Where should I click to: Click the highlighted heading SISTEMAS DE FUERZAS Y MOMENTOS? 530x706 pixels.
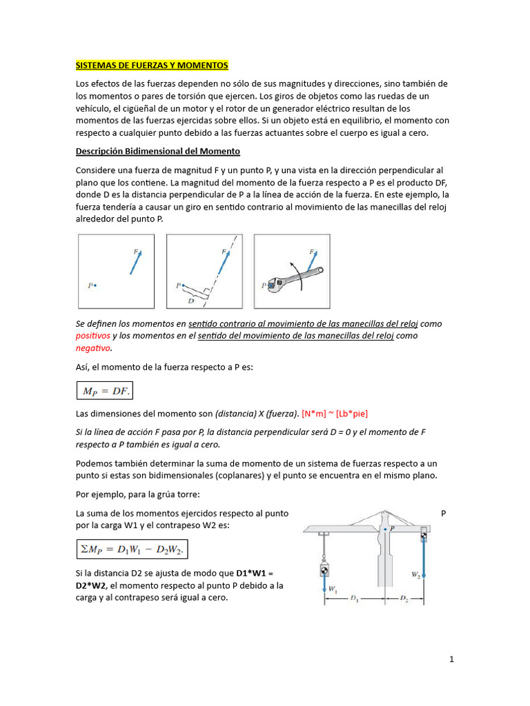(x=151, y=65)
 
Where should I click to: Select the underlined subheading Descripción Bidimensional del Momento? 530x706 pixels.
(x=157, y=151)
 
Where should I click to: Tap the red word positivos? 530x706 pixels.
(x=92, y=336)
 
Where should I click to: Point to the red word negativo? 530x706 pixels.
(x=92, y=348)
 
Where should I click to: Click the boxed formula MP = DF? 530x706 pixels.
(x=105, y=392)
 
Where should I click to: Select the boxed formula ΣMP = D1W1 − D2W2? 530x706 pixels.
(x=131, y=549)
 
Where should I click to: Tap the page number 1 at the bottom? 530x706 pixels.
(x=451, y=659)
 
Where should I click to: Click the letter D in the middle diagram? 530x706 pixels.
(x=190, y=301)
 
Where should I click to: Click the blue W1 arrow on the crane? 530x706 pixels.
(x=323, y=587)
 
